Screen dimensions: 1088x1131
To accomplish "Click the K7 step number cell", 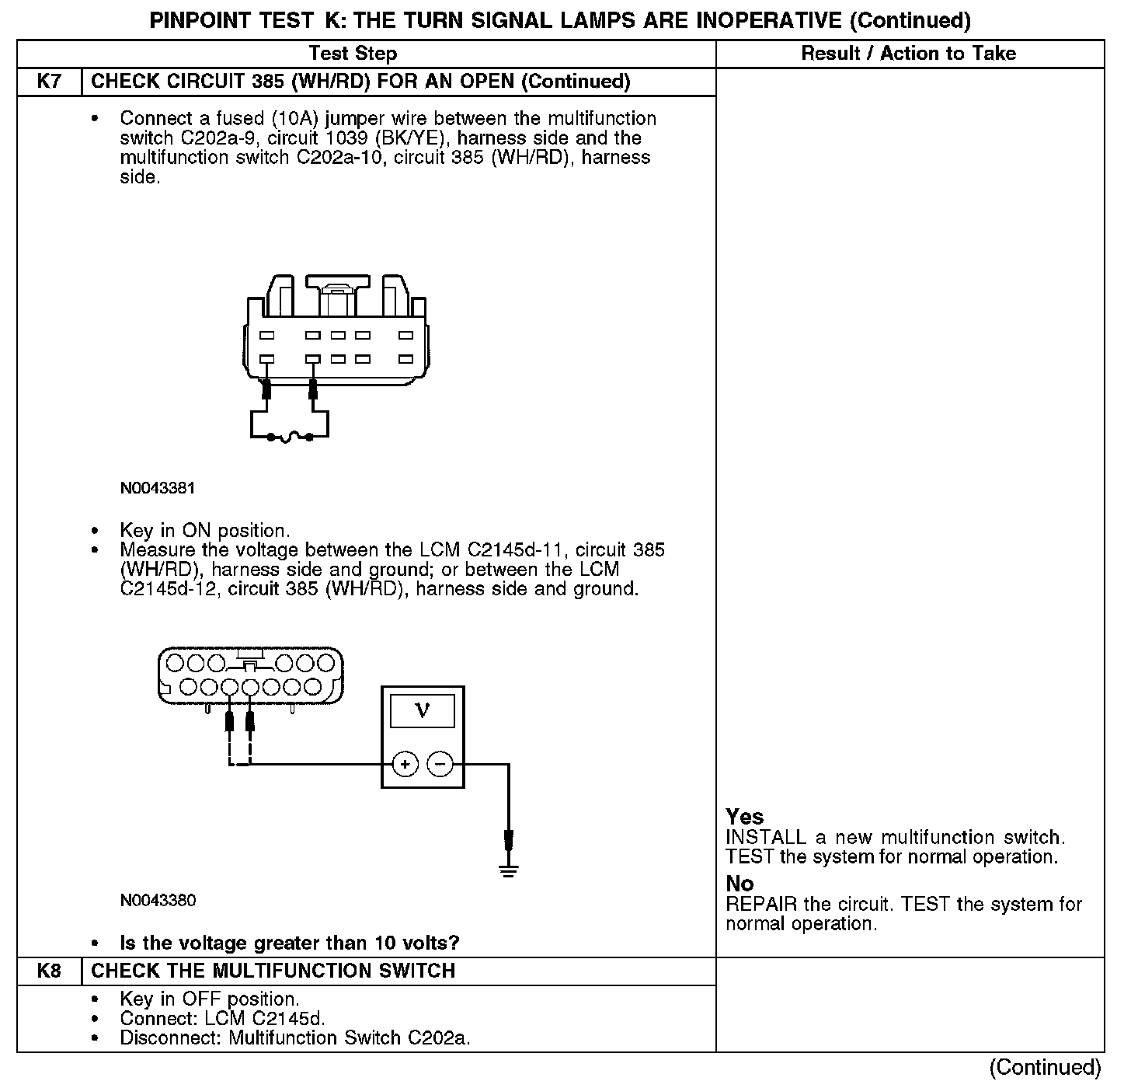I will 49,82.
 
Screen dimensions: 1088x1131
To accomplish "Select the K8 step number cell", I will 49,971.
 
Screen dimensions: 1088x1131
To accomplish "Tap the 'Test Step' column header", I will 353,54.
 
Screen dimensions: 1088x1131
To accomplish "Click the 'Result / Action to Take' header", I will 908,54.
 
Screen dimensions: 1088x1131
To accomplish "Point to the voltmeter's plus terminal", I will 405,765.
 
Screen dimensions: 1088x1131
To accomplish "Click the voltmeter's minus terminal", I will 440,765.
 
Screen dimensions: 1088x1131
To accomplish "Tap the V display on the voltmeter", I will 423,710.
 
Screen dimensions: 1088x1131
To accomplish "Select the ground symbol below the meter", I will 509,870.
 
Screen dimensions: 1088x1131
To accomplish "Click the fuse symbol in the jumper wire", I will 290,438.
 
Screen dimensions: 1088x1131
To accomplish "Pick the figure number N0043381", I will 158,488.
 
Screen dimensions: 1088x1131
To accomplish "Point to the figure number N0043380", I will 158,901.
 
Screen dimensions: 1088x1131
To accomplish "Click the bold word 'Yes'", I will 744,817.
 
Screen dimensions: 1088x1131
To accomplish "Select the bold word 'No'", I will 739,884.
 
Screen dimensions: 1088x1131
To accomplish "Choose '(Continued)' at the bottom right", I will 1046,1068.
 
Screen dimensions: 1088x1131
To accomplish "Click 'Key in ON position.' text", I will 205,531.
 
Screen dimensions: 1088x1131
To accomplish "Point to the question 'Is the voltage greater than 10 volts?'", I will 290,943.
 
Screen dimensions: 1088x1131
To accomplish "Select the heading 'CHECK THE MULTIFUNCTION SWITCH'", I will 273,971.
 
